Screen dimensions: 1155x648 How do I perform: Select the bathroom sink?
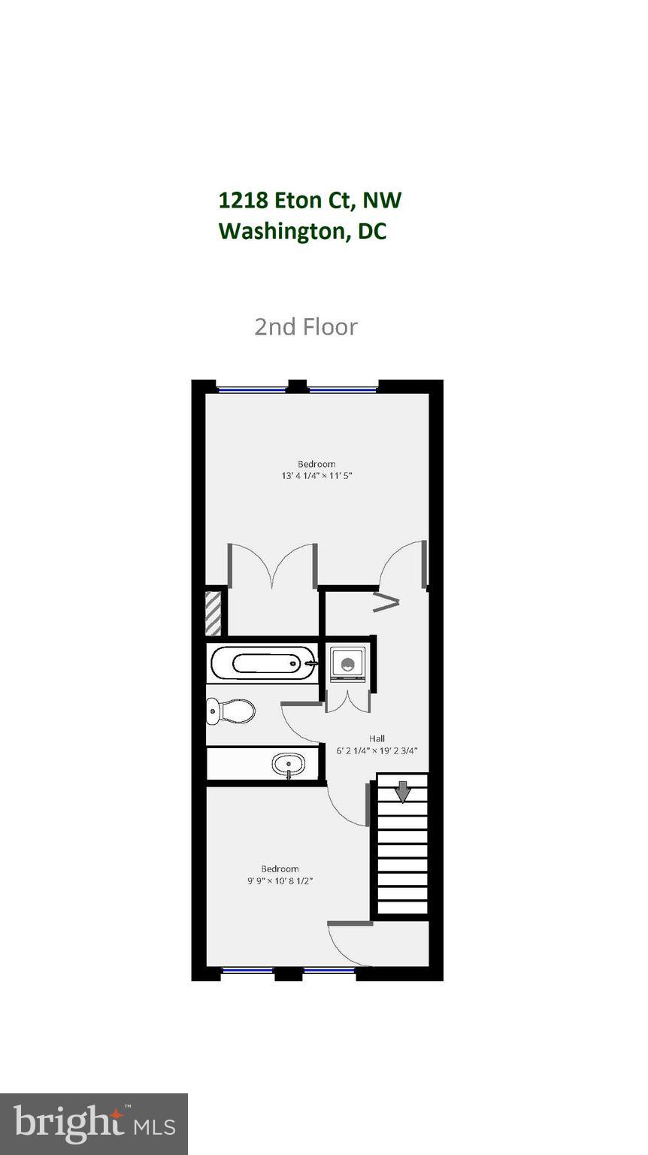pyautogui.click(x=289, y=765)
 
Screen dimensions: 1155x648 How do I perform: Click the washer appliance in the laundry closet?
pyautogui.click(x=347, y=664)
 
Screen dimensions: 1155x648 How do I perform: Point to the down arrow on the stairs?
pyautogui.click(x=403, y=792)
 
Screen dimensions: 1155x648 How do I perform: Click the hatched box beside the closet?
pyautogui.click(x=213, y=614)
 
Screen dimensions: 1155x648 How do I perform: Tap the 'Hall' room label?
pyautogui.click(x=377, y=738)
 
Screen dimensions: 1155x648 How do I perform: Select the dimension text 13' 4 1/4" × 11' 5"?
pyautogui.click(x=316, y=475)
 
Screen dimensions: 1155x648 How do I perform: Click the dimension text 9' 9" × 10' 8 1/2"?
pyautogui.click(x=280, y=881)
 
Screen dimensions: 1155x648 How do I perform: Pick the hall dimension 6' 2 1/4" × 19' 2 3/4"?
pyautogui.click(x=377, y=750)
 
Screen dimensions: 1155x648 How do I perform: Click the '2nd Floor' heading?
pyautogui.click(x=306, y=326)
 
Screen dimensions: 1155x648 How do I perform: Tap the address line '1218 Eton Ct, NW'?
pyautogui.click(x=310, y=200)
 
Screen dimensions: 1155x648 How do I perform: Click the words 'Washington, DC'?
pyautogui.click(x=302, y=231)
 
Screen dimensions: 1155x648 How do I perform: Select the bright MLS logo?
pyautogui.click(x=94, y=1123)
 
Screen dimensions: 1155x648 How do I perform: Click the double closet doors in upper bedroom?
pyautogui.click(x=272, y=565)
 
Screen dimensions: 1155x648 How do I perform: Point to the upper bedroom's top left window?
pyautogui.click(x=252, y=390)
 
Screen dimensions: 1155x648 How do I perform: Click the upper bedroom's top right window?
pyautogui.click(x=342, y=390)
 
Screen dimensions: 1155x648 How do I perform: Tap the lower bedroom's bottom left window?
pyautogui.click(x=247, y=971)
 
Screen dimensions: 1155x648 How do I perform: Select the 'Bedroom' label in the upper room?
pyautogui.click(x=316, y=464)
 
